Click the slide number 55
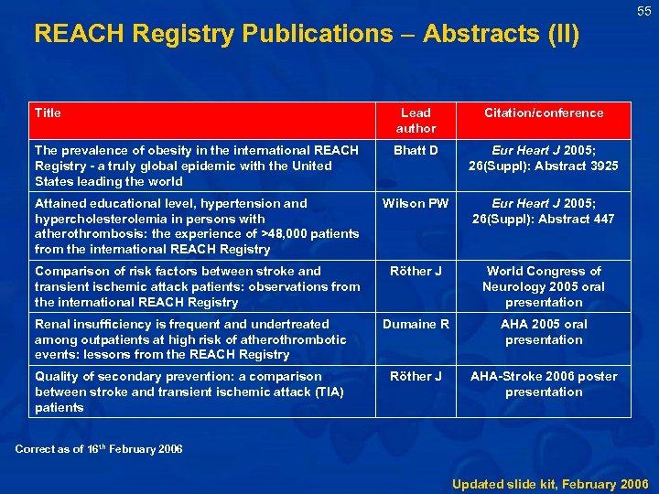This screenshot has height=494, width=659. point(644,11)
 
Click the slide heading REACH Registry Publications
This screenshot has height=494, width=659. point(306,35)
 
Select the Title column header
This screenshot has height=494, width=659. point(48,113)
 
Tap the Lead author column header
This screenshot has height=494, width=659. point(416,121)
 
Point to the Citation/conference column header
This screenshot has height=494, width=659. point(544,113)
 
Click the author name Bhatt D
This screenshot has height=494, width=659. point(416,150)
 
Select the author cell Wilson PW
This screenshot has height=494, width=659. point(416,203)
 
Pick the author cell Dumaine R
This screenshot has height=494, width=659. point(416,324)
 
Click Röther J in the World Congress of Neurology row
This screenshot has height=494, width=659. point(416,271)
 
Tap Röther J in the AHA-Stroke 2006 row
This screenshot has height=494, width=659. point(416,376)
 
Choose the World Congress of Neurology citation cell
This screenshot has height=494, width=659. point(544,286)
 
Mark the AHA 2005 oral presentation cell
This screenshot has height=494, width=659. point(544,331)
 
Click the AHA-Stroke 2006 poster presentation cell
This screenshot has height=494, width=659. point(544,384)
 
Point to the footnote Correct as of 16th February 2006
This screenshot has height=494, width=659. point(99,448)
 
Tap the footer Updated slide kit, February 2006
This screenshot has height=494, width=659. point(550,483)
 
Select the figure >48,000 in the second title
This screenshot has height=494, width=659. point(286,234)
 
